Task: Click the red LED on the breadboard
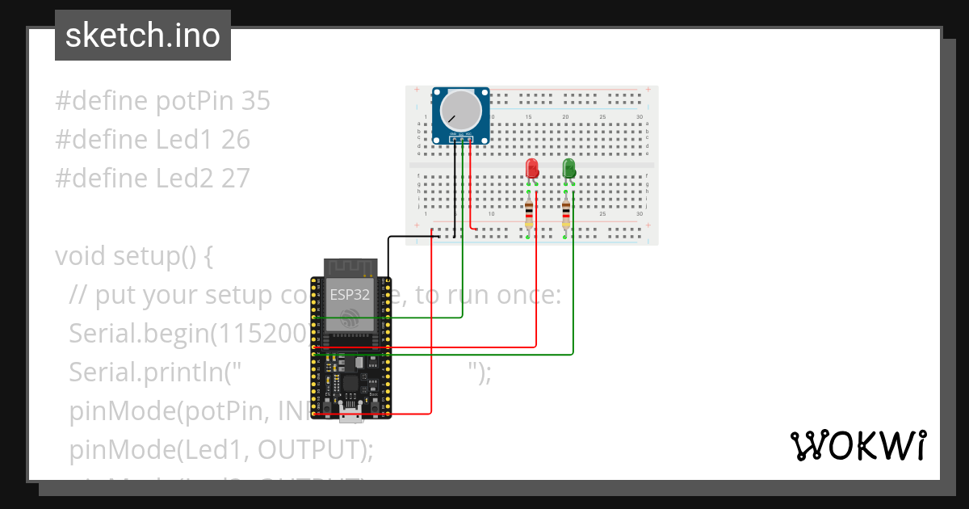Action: (532, 168)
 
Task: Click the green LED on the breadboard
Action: (568, 168)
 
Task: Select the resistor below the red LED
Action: (529, 214)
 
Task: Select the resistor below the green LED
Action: (565, 214)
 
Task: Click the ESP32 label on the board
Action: (350, 295)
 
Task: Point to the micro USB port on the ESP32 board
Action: (350, 414)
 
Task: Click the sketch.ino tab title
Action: (143, 36)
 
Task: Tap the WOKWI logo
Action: (857, 445)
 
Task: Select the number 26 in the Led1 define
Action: (235, 140)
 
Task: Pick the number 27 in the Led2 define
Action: (235, 178)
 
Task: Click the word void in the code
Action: (81, 256)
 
